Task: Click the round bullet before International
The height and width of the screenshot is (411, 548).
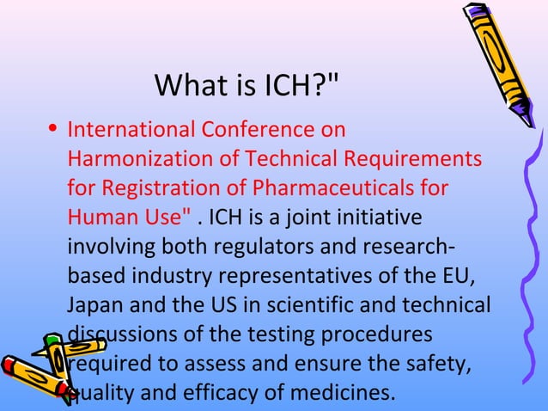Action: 53,131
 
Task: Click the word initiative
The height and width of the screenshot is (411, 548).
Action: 384,217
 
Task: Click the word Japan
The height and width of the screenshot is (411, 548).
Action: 91,305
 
